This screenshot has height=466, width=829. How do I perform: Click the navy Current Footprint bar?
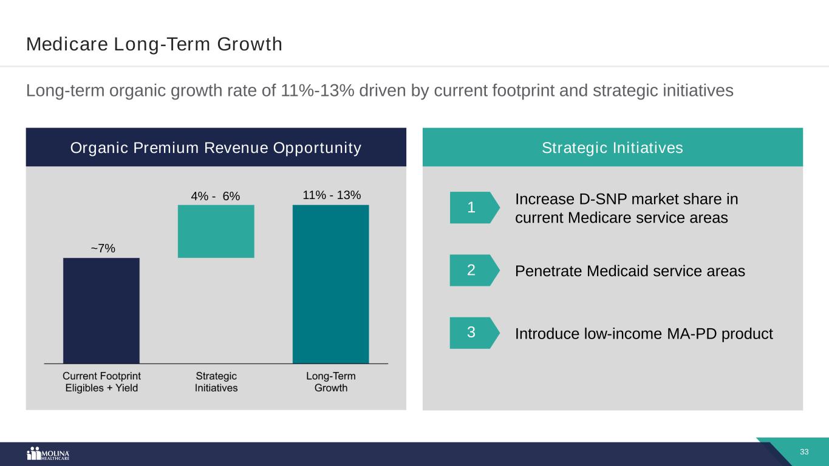101,310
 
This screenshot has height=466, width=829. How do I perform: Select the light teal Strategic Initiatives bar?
216,231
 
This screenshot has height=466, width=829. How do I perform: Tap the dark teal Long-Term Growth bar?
330,283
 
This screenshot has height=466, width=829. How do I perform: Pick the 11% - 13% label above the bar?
332,195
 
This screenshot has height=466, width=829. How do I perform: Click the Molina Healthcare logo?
49,454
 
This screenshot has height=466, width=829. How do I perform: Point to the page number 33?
805,452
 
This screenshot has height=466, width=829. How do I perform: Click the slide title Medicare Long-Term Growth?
154,44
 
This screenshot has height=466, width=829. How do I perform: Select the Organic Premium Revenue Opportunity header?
216,147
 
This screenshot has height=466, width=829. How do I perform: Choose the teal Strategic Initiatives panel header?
612,147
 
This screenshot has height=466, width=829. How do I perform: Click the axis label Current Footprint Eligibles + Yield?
102,382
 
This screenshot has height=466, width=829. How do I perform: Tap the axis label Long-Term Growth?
331,382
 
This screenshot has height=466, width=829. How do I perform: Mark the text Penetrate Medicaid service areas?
630,271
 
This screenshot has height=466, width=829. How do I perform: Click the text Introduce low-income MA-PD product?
644,334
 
